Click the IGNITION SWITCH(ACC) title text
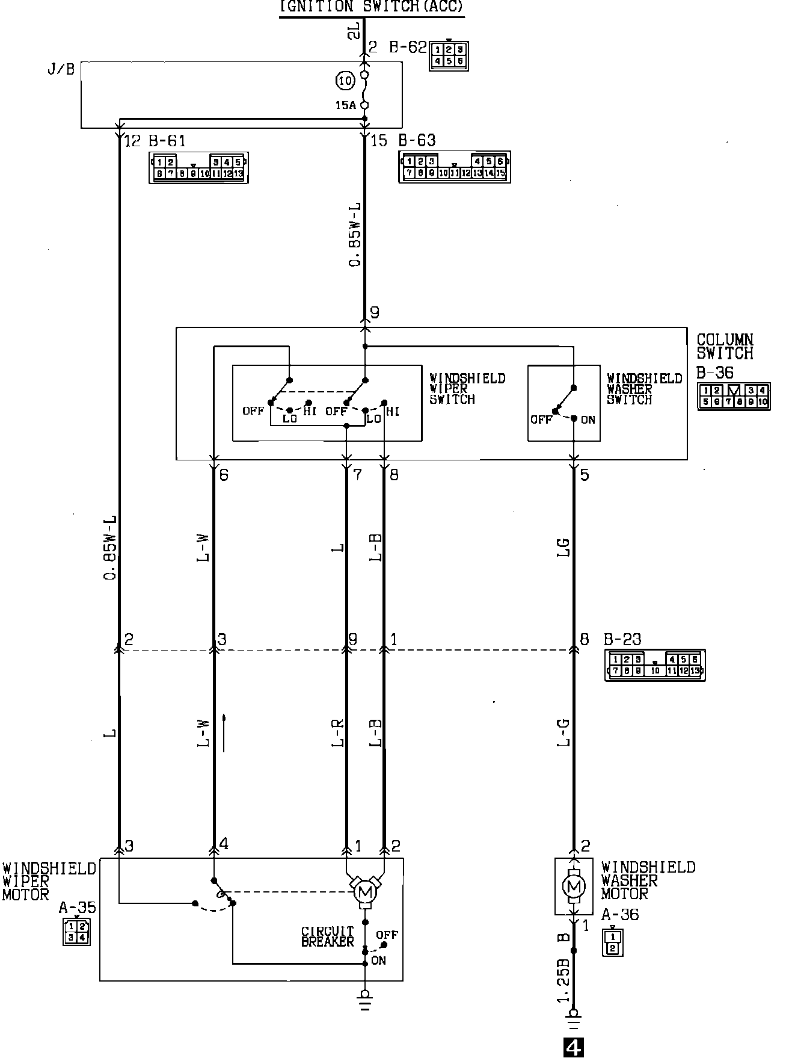[x=372, y=7]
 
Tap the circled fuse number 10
[x=345, y=80]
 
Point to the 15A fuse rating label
[x=345, y=105]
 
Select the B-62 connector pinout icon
[x=449, y=55]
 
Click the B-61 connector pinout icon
[x=198, y=168]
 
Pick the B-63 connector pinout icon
[x=455, y=167]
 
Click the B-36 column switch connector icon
[x=733, y=397]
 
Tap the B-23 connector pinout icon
[x=654, y=665]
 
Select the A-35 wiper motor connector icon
[x=76, y=932]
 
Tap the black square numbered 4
[x=574, y=1048]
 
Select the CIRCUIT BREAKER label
[x=328, y=936]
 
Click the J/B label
[x=61, y=69]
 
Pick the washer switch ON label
[x=588, y=419]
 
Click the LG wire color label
[x=563, y=547]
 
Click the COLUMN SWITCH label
[x=725, y=346]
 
